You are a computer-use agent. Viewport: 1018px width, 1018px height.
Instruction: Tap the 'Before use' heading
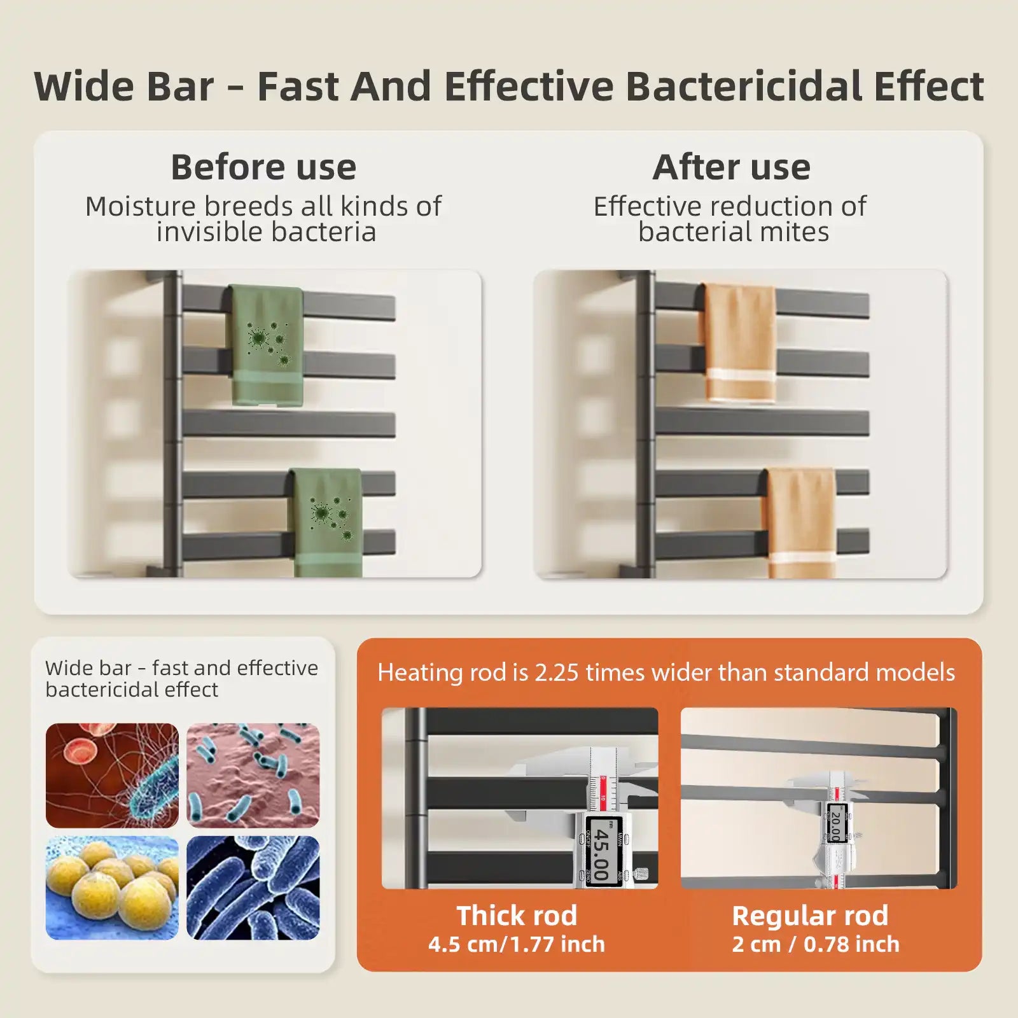(263, 167)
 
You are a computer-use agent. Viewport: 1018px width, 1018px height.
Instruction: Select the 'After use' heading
(732, 167)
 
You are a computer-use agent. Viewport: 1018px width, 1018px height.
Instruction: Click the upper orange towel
(740, 344)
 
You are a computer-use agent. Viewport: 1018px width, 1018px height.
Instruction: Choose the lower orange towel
(802, 522)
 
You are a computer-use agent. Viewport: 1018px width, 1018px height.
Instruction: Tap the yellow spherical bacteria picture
(112, 888)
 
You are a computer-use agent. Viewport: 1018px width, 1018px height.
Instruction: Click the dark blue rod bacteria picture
(253, 888)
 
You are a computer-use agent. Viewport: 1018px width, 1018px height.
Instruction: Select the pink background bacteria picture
(253, 776)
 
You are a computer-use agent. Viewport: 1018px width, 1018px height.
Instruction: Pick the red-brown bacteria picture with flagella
(112, 776)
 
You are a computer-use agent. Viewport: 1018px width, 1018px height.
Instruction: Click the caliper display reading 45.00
(601, 850)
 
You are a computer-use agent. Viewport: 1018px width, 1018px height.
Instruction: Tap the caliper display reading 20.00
(835, 823)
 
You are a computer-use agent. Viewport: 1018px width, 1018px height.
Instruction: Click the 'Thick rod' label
(517, 916)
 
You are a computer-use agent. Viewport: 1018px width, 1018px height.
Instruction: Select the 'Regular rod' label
(810, 916)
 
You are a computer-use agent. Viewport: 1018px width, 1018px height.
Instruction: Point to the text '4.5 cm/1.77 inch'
(517, 944)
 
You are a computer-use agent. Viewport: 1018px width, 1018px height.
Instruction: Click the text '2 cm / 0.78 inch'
(816, 944)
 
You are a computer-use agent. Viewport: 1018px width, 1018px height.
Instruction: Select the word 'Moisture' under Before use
(141, 206)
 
